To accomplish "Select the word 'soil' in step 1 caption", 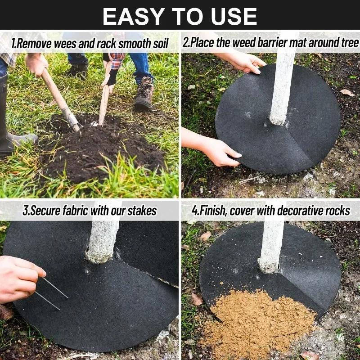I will [157, 44].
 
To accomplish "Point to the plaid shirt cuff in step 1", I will [117, 60].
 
